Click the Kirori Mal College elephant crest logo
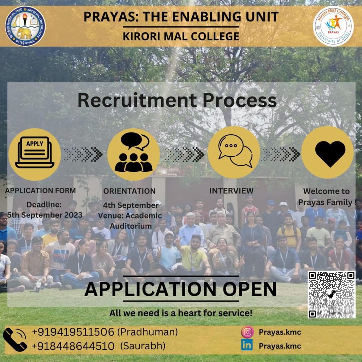25,26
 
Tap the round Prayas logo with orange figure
333,26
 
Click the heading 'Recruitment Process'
177,100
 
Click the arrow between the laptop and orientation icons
82,154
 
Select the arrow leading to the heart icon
281,154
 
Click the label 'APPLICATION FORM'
40,191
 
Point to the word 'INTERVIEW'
231,191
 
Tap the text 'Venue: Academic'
130,216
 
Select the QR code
331,294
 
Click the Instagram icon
247,332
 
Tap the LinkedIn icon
247,345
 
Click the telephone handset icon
15,339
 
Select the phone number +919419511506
73,332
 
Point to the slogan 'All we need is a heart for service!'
181,313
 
